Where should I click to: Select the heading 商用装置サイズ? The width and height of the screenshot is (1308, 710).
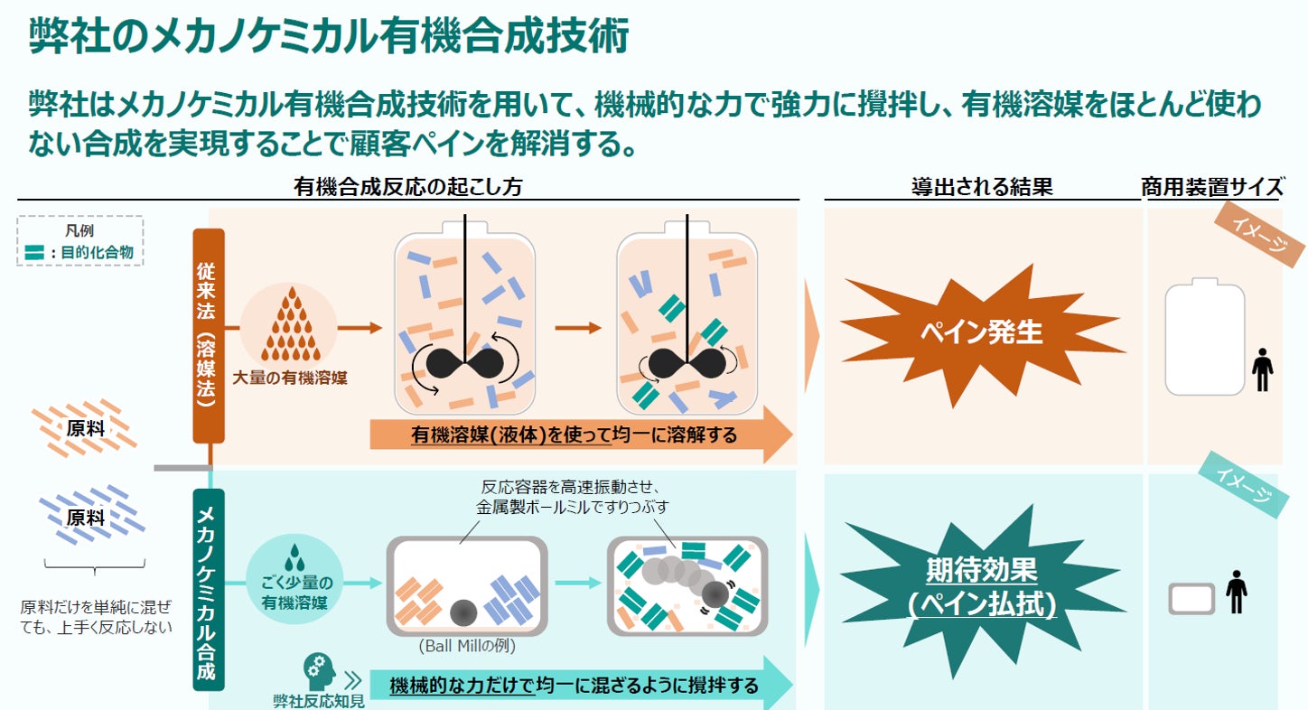[1211, 187]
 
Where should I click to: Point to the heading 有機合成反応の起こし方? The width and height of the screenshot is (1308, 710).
[408, 187]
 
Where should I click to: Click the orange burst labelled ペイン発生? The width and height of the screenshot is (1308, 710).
[981, 333]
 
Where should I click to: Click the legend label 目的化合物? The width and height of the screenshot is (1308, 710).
[97, 253]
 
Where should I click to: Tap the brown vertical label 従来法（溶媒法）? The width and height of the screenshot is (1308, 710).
[209, 335]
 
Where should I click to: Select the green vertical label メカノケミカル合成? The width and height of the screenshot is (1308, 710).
[209, 591]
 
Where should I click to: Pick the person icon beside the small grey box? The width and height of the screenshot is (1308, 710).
[1237, 593]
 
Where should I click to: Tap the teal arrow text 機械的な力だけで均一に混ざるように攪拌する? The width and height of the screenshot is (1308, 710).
[574, 686]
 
